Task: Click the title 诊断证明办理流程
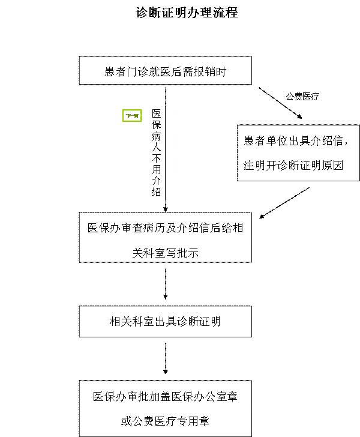coord(187,13)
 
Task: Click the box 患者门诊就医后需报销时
coord(165,71)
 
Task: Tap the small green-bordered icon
coord(131,116)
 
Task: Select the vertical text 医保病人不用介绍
coord(156,152)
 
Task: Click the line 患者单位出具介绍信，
coord(295,141)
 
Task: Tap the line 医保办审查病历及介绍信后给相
coord(165,229)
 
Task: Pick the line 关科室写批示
coord(165,253)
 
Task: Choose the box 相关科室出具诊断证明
coord(165,321)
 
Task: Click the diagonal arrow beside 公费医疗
coord(280,102)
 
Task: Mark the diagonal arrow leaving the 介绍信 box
coord(285,202)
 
